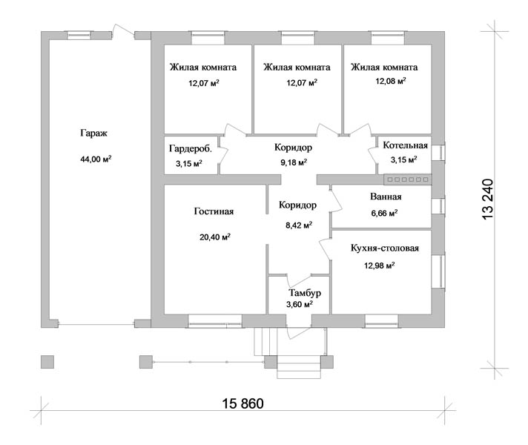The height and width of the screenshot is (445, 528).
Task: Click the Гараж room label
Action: point(93,133)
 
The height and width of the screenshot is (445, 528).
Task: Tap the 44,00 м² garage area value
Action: point(96,159)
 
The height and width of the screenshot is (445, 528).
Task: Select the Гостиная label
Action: point(214,211)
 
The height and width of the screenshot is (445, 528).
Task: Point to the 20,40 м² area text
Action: point(215,237)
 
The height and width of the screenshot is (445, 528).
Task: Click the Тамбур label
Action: point(305,293)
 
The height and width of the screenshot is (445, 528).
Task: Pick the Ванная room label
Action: point(386,197)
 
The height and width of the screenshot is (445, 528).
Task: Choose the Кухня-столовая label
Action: point(385,248)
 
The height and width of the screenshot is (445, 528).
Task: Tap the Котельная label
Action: point(405,145)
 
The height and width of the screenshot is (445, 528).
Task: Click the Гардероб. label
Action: point(191,148)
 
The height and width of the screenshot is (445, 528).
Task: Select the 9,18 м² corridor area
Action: point(294,162)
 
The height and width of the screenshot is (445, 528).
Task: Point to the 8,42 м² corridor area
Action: point(299,225)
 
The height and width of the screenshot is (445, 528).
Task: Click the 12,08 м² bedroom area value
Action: point(391,81)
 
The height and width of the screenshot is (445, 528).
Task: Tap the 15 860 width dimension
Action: point(242,403)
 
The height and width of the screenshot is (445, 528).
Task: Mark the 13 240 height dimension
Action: point(488,200)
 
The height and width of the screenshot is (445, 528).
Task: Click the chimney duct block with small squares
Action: point(408,179)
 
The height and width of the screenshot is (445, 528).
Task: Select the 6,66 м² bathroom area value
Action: point(384,214)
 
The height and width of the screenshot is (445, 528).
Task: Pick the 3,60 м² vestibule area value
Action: point(300,305)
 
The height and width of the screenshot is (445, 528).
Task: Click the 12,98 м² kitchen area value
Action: point(379,266)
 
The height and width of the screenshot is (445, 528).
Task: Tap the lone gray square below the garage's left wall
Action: point(47,362)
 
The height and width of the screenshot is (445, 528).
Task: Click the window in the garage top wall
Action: point(79,36)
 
